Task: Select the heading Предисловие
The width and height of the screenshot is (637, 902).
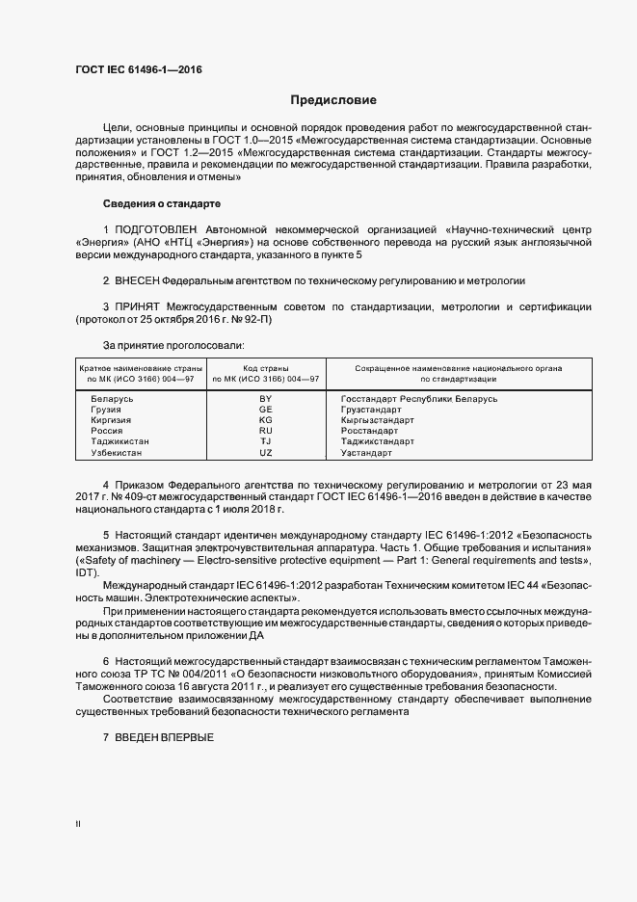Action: [334, 100]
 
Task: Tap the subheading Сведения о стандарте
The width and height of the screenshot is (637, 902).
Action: [162, 204]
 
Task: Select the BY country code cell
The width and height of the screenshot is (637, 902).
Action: [266, 398]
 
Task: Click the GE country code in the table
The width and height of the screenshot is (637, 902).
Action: [266, 410]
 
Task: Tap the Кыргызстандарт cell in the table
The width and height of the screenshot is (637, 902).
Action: [378, 420]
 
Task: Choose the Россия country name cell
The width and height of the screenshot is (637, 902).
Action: [108, 431]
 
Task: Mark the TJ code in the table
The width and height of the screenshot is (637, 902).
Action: [266, 441]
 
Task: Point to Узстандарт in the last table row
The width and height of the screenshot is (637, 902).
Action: [367, 452]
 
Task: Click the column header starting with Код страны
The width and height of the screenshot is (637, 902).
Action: [266, 374]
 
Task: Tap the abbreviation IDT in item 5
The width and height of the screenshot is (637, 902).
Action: [87, 571]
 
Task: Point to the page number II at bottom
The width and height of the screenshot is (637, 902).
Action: [78, 824]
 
